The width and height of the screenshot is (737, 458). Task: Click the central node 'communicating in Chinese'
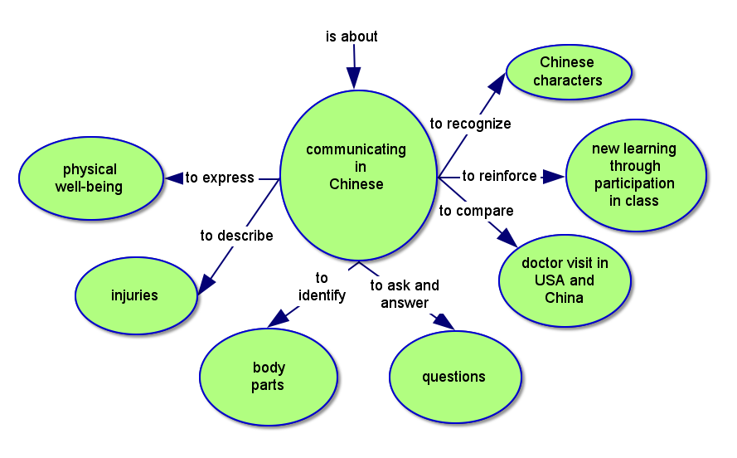(356, 175)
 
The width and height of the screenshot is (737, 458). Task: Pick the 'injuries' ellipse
(135, 295)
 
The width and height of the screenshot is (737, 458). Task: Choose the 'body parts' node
(268, 377)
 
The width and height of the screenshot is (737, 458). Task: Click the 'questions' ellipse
(453, 377)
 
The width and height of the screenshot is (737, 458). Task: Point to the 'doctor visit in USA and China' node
(565, 280)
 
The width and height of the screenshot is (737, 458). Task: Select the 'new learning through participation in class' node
(634, 174)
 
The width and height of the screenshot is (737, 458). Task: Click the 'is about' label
(352, 37)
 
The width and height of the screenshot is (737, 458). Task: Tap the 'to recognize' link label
(470, 124)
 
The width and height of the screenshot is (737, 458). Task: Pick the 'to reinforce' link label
(499, 176)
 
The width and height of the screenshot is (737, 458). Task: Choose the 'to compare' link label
(476, 211)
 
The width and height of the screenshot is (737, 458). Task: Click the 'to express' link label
(220, 178)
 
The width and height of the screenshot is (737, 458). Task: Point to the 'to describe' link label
(236, 236)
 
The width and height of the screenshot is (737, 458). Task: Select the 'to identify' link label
(322, 286)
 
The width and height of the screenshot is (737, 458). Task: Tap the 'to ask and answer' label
(405, 294)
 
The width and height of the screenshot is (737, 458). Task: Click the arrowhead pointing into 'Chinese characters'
(497, 81)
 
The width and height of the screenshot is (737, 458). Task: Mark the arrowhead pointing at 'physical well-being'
(174, 178)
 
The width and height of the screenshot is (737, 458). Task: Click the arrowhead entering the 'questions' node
(444, 322)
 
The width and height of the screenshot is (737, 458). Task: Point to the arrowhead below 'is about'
(354, 78)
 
